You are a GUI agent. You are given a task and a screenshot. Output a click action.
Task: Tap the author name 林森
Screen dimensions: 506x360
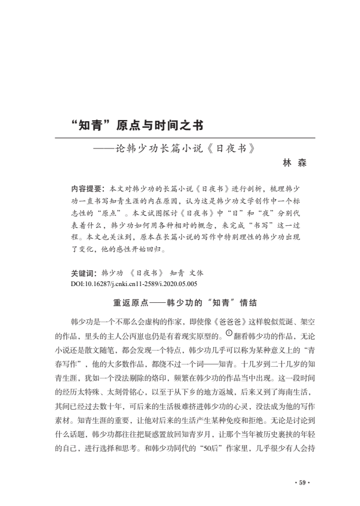pyautogui.click(x=294, y=163)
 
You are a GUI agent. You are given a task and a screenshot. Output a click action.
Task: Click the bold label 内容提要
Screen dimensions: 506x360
pyautogui.click(x=87, y=189)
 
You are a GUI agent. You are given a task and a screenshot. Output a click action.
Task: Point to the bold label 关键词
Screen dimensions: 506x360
pyautogui.click(x=83, y=273)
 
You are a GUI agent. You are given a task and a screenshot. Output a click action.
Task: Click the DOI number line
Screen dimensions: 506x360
pyautogui.click(x=134, y=284)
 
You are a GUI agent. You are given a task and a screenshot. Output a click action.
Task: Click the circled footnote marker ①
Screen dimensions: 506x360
pyautogui.click(x=229, y=333)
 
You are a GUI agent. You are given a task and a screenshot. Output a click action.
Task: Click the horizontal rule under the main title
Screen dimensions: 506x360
pyautogui.click(x=185, y=138)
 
